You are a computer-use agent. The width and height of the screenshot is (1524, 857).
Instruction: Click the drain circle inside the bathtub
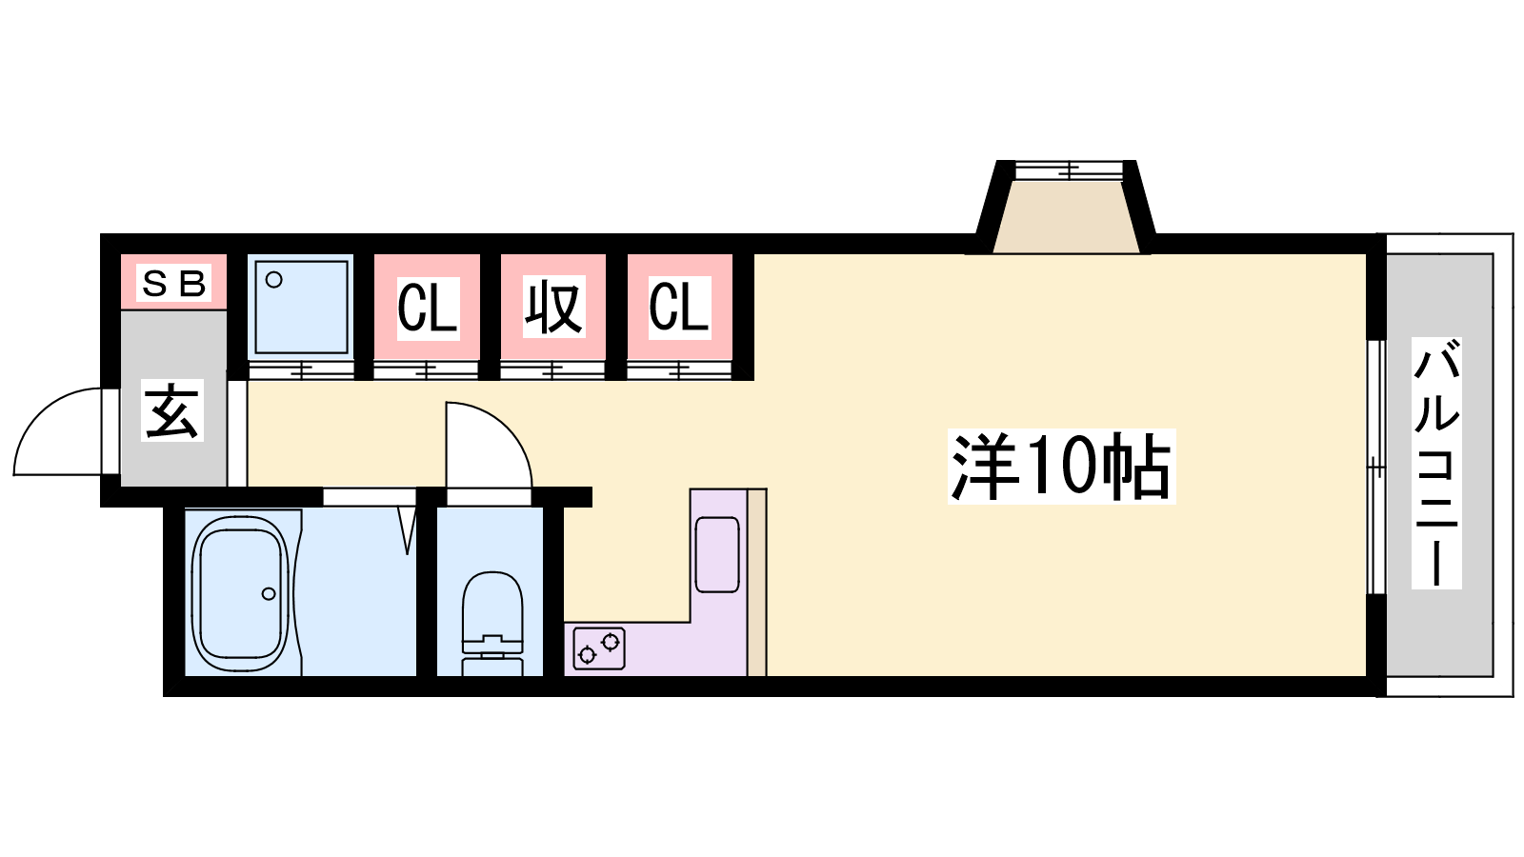pyautogui.click(x=269, y=594)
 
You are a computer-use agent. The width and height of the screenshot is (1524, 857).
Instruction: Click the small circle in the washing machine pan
pyautogui.click(x=274, y=280)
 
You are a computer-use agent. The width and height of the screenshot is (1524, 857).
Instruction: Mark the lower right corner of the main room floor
pyautogui.click(x=1366, y=676)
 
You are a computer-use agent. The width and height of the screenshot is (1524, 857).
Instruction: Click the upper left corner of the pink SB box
pyautogui.click(x=121, y=254)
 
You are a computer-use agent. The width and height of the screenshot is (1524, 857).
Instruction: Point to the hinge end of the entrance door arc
pyautogui.click(x=102, y=473)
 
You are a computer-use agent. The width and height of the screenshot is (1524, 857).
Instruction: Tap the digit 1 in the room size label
pyautogui.click(x=1037, y=467)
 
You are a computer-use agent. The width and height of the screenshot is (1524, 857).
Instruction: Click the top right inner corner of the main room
pyautogui.click(x=1366, y=254)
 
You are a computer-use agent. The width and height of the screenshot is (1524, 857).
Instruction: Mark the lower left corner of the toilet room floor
pyautogui.click(x=437, y=676)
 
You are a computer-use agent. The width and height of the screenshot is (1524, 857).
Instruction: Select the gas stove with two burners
pyautogui.click(x=599, y=648)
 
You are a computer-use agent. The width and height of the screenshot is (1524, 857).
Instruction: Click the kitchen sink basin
pyautogui.click(x=717, y=554)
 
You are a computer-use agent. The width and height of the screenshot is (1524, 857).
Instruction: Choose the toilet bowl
pyautogui.click(x=492, y=623)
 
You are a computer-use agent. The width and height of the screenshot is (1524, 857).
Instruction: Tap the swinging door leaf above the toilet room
pyautogui.click(x=489, y=445)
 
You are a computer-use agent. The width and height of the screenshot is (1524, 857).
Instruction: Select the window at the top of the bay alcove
pyautogui.click(x=1068, y=170)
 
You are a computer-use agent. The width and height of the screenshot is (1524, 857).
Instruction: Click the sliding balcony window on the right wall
pyautogui.click(x=1375, y=467)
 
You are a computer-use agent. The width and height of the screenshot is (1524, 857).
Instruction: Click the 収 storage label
pyautogui.click(x=553, y=307)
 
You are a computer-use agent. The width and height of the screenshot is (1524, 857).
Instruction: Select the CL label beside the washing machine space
pyautogui.click(x=428, y=309)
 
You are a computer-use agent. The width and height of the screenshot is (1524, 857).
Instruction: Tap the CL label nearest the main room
pyautogui.click(x=679, y=307)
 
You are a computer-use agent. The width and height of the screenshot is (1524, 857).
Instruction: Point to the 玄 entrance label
pyautogui.click(x=172, y=410)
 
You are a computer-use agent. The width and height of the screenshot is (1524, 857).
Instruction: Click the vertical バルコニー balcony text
pyautogui.click(x=1436, y=463)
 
